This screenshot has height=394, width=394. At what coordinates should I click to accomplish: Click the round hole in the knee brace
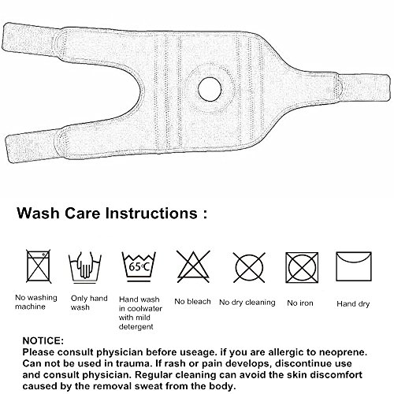[x=210, y=90]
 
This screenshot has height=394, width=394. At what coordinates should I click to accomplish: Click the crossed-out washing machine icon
[x=39, y=266]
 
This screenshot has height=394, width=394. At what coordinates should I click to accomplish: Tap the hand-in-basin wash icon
[x=85, y=267]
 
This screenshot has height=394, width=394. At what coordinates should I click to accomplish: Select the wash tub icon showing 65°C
[x=139, y=266]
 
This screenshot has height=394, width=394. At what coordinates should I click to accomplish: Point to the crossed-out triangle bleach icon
[x=193, y=266]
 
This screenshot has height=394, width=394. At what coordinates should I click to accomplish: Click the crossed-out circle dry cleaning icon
[x=249, y=267]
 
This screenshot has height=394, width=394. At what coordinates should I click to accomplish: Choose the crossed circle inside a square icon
[x=302, y=267]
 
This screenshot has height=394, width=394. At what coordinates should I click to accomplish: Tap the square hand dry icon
[x=354, y=266]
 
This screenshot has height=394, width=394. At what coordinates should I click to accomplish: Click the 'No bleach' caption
[x=192, y=302]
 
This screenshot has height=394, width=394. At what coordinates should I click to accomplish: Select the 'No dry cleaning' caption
[x=247, y=303]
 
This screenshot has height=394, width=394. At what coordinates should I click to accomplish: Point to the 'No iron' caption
[x=300, y=303]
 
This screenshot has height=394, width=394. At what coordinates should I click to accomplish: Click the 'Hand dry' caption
[x=353, y=304]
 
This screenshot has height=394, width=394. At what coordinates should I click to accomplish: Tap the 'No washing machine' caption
[x=36, y=302]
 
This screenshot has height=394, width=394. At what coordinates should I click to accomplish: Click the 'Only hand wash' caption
[x=89, y=303]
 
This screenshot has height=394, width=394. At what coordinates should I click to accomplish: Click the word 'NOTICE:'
[x=43, y=340]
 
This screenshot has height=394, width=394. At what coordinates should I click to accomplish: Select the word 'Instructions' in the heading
[x=151, y=213]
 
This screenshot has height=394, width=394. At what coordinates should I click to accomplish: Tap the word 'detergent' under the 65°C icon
[x=136, y=327]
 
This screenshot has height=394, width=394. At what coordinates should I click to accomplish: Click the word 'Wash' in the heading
[x=38, y=213]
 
